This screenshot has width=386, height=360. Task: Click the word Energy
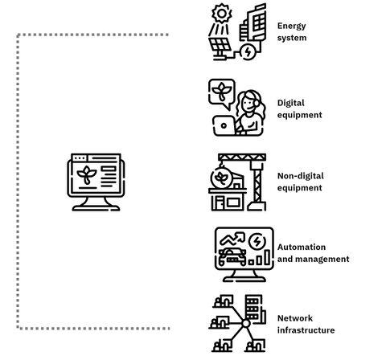291,27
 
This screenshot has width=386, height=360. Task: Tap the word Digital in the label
291,103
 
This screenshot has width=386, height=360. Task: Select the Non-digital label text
301,176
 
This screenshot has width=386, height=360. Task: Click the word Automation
302,247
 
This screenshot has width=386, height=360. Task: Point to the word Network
295,318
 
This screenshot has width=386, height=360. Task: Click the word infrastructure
306,330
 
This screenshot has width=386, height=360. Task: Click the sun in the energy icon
221,14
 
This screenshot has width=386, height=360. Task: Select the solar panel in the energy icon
220,45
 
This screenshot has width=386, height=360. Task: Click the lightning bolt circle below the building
248,52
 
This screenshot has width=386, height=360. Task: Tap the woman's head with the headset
249,102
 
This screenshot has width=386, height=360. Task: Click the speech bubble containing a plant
222,92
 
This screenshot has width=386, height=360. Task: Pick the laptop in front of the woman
224,125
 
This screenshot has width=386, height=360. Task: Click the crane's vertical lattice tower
257,185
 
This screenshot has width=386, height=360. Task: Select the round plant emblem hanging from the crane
221,177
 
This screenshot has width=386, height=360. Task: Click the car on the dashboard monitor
232,256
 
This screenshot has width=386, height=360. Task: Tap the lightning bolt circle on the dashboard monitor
257,242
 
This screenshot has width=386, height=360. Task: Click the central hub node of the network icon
245,324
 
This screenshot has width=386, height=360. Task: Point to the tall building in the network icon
255,308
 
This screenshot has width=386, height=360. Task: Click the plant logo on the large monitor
87,174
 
